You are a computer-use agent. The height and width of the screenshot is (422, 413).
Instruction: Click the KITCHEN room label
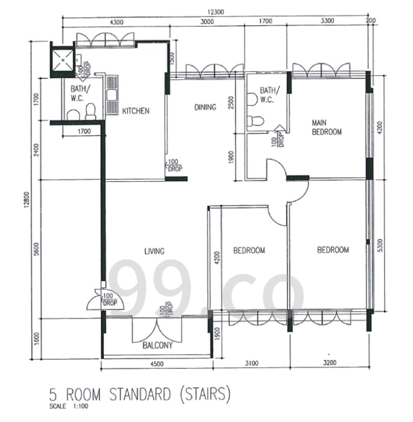pos(136,111)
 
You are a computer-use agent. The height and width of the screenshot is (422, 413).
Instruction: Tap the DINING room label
pos(205,107)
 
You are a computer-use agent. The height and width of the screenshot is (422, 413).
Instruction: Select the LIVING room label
pos(154,251)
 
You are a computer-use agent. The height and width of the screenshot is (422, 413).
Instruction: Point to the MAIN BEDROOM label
pos(327,127)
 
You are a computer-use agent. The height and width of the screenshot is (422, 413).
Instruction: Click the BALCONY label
pos(157,346)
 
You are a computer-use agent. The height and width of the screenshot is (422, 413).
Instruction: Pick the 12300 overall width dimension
pos(215,12)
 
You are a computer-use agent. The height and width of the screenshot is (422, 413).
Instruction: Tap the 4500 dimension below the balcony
pos(157,364)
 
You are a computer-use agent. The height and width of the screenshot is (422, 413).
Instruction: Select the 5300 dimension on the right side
pos(379,245)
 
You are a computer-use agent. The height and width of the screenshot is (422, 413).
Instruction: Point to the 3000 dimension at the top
pos(207,22)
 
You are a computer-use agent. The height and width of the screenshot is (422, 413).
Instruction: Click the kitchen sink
pos(112,96)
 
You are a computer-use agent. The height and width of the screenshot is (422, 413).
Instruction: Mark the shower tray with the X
pos(62,60)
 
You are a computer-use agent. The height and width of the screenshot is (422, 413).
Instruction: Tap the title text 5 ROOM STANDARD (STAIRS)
pos(140,395)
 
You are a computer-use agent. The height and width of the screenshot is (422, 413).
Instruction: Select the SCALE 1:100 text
pos(69,406)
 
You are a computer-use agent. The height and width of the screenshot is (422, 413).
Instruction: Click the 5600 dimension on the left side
pos(37,249)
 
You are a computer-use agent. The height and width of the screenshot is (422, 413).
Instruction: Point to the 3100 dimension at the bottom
pos(251,363)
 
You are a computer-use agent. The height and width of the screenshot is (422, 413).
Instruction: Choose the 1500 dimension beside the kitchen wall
pos(172,58)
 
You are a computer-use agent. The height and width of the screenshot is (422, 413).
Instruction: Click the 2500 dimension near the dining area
pos(231,103)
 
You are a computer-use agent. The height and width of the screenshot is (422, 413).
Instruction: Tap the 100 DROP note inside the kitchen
pos(174,165)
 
